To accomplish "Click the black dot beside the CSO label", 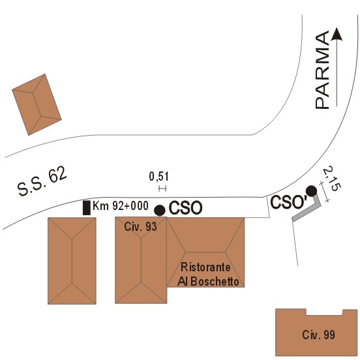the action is point(160,210).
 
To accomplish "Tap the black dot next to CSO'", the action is point(312,191).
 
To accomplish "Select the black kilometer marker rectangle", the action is point(87,208).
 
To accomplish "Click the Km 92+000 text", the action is point(120,205).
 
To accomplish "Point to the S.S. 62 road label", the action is point(42,181).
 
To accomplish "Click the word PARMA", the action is point(322,70).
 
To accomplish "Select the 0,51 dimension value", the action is point(158,177).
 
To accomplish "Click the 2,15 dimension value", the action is point(332,179).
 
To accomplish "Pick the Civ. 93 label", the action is point(140,227).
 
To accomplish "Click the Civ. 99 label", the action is point(318,335).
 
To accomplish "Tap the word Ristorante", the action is point(205,267).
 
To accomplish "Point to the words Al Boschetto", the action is point(208,282).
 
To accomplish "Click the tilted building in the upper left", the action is point(37,105).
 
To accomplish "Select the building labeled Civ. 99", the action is point(316,332).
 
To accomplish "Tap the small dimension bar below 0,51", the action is point(162,188).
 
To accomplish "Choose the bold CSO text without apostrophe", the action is point(185,208).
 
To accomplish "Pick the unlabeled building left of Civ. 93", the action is point(72,261).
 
